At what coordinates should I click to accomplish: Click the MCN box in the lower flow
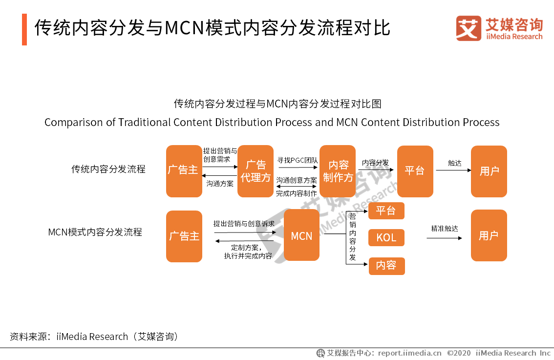(301, 235)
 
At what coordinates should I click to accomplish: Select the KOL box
(386, 238)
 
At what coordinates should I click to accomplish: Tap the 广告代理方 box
(255, 171)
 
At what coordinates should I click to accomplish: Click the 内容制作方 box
(338, 171)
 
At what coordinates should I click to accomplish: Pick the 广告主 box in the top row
(184, 171)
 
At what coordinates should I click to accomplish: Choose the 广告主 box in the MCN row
(184, 236)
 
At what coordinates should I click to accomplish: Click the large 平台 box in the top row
(415, 171)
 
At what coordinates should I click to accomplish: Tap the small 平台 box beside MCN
(386, 211)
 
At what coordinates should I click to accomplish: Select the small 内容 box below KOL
(386, 266)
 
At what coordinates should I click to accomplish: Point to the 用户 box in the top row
(489, 171)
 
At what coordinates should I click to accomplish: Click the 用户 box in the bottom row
(489, 235)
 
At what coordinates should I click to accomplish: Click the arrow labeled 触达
(453, 170)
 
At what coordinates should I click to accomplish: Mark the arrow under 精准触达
(444, 238)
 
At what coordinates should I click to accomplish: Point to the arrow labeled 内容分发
(376, 169)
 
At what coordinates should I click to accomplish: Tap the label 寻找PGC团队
(298, 160)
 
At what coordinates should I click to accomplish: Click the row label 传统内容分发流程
(108, 169)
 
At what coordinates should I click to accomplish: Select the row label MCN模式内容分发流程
(95, 232)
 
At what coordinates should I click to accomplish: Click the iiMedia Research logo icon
(468, 28)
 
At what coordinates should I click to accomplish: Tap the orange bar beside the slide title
(24, 29)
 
